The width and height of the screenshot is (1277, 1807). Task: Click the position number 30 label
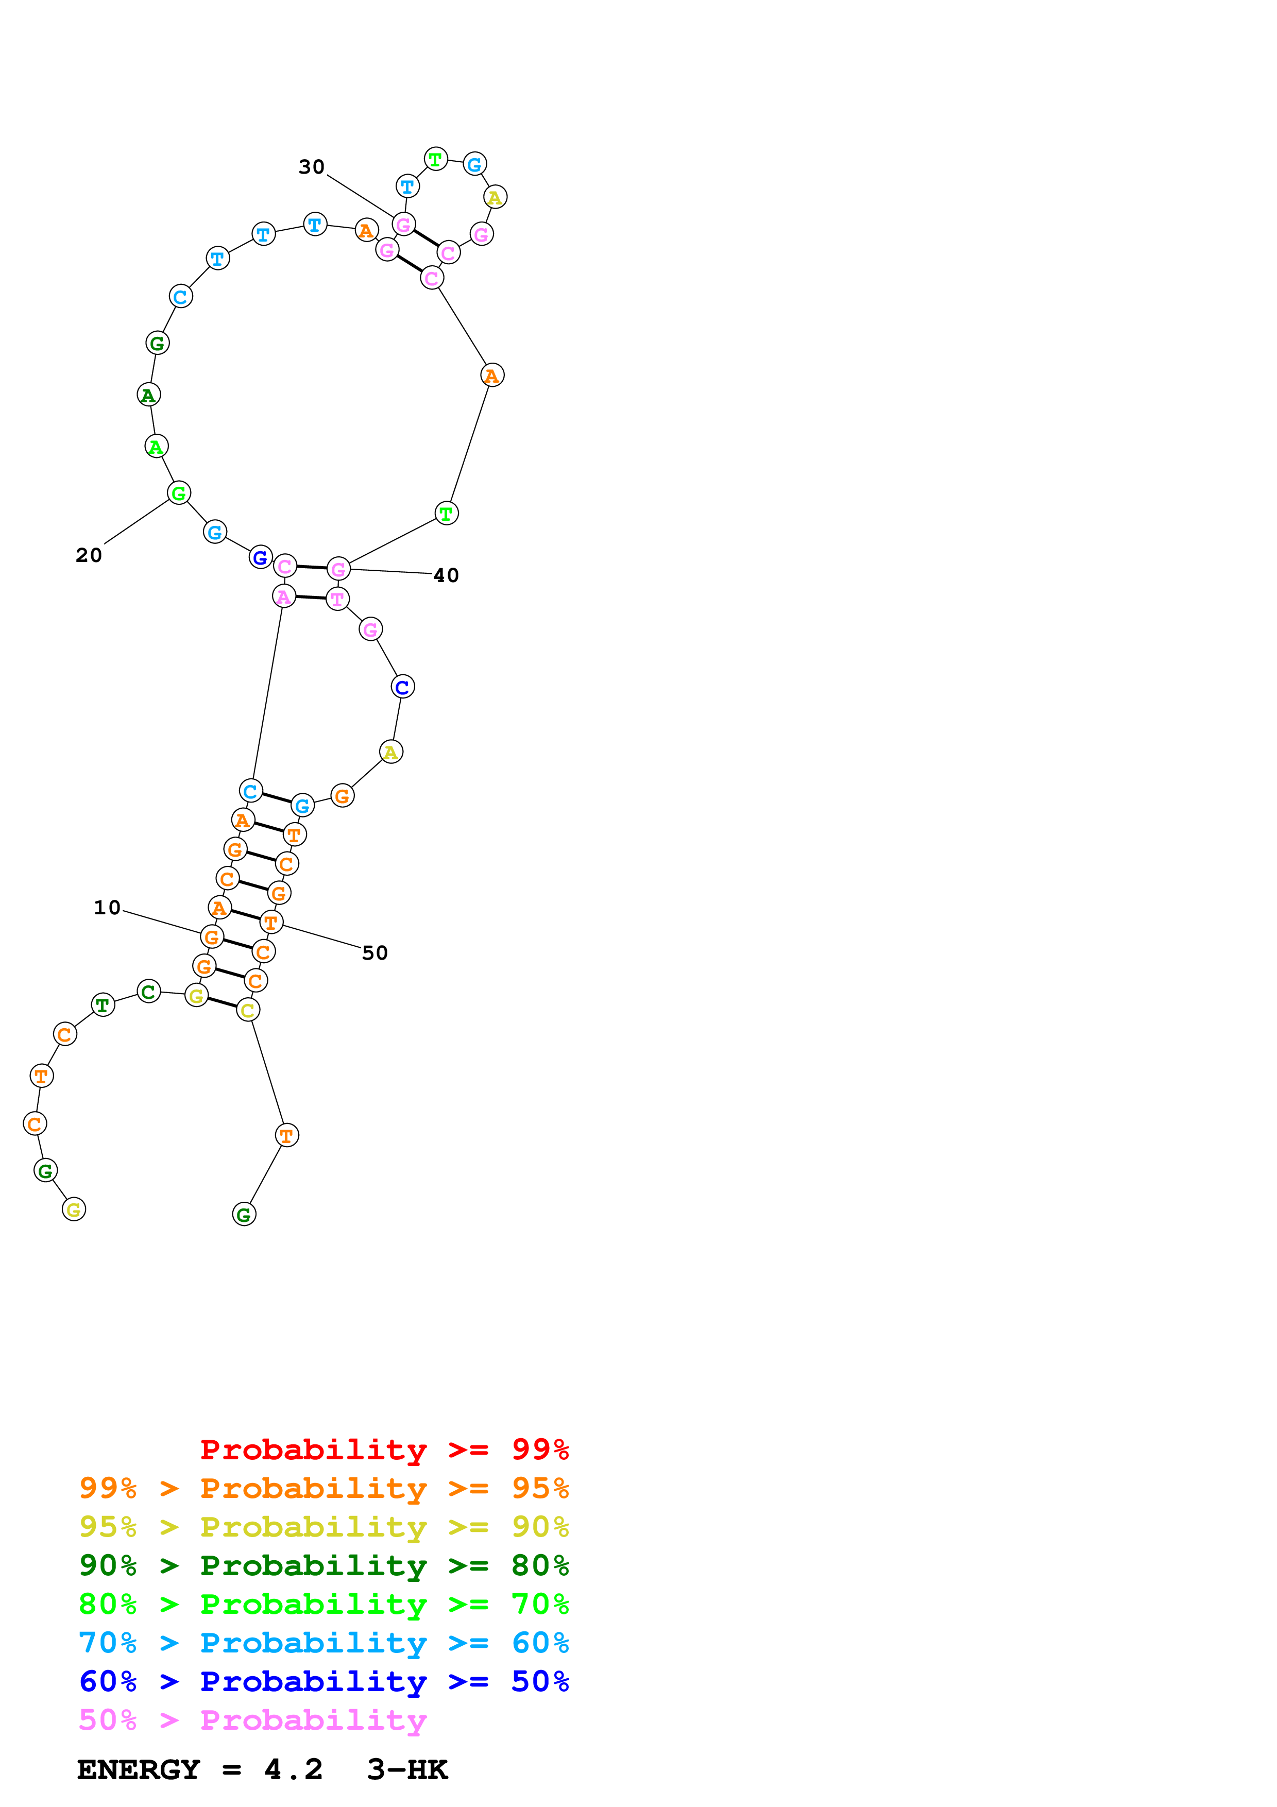point(312,167)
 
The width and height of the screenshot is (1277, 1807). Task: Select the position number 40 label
point(446,575)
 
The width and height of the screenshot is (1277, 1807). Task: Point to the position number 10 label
point(107,908)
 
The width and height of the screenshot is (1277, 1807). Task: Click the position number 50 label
point(374,953)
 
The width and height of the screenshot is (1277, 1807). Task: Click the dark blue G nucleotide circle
point(261,557)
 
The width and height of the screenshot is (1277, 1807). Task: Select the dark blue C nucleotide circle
point(402,687)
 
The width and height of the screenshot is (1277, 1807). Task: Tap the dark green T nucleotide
point(103,1005)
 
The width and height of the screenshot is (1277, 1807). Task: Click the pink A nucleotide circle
point(284,596)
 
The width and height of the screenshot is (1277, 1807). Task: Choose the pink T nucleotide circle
point(337,599)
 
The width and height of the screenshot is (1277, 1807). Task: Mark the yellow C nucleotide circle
point(248,1011)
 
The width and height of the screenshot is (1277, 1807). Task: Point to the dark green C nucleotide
point(149,992)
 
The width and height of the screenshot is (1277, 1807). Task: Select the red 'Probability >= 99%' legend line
point(384,1450)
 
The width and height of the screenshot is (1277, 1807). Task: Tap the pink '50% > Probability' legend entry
point(252,1720)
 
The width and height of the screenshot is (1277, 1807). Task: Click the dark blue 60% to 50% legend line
point(323,1682)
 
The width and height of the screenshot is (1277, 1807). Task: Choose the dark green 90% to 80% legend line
point(323,1566)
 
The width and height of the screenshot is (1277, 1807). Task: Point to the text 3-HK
point(407,1770)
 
